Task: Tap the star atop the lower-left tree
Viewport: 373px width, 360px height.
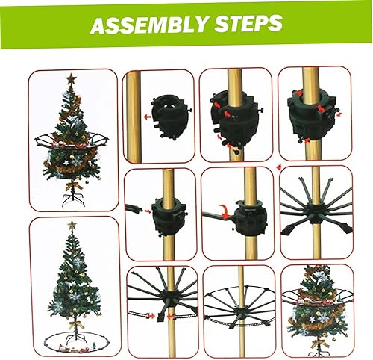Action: pyautogui.click(x=72, y=225)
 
